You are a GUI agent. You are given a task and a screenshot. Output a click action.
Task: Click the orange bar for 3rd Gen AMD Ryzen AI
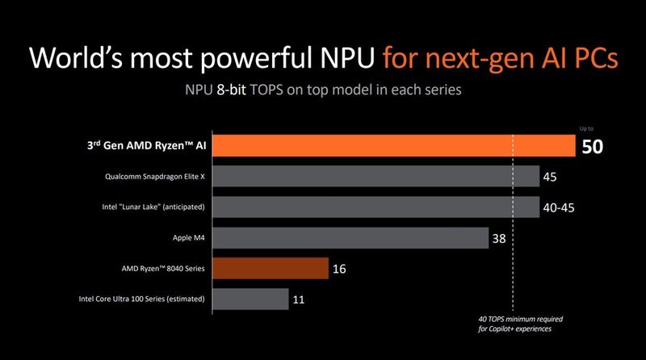(392, 146)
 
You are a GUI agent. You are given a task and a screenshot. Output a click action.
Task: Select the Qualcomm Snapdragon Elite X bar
(376, 177)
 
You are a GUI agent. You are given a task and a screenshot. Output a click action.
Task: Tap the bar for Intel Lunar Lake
(376, 207)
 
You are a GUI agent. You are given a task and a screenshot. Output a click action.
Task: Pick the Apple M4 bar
(350, 238)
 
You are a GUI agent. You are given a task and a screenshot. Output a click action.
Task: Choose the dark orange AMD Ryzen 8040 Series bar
(271, 269)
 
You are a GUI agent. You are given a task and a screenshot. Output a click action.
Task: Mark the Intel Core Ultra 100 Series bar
(250, 299)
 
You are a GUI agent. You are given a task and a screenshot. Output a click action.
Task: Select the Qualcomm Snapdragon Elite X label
(154, 177)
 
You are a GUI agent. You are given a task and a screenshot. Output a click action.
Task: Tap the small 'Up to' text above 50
(588, 128)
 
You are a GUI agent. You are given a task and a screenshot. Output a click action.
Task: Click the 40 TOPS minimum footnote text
(516, 324)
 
